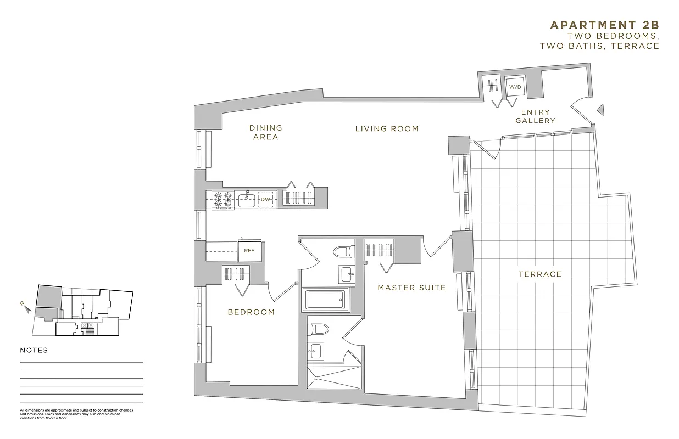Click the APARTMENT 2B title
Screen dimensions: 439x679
pyautogui.click(x=604, y=25)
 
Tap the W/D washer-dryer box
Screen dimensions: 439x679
pyautogui.click(x=515, y=87)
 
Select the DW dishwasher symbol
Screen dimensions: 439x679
pyautogui.click(x=265, y=199)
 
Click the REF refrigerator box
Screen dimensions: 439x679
pyautogui.click(x=249, y=251)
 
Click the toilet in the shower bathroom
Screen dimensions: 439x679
pyautogui.click(x=318, y=329)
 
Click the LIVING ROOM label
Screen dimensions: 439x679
pyautogui.click(x=387, y=129)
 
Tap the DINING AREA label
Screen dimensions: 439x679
pyautogui.click(x=266, y=132)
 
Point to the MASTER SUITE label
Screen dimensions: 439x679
pyautogui.click(x=411, y=288)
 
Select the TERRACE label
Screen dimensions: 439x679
pyautogui.click(x=540, y=274)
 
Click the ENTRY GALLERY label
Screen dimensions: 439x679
pyautogui.click(x=536, y=116)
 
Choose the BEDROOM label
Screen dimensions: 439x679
pyautogui.click(x=251, y=312)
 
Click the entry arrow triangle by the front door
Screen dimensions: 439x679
pyautogui.click(x=600, y=110)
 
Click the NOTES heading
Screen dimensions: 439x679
pyautogui.click(x=34, y=350)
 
